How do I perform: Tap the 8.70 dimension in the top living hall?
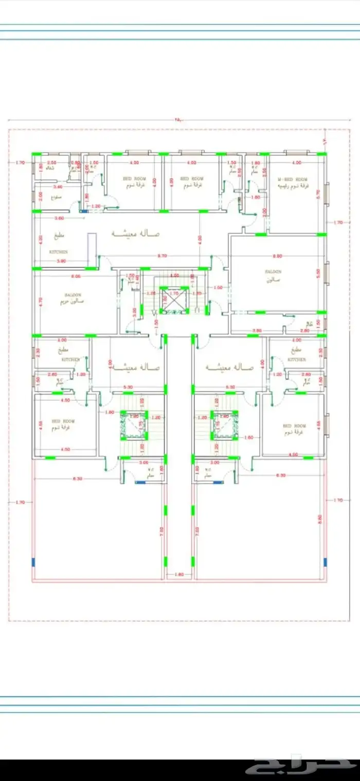162,256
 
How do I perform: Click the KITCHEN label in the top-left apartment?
58,252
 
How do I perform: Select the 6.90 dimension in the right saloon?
277,256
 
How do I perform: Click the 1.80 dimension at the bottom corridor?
179,574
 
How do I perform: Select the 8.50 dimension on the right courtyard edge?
320,520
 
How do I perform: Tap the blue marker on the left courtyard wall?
33,562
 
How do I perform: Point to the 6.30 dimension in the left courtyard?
77,478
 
